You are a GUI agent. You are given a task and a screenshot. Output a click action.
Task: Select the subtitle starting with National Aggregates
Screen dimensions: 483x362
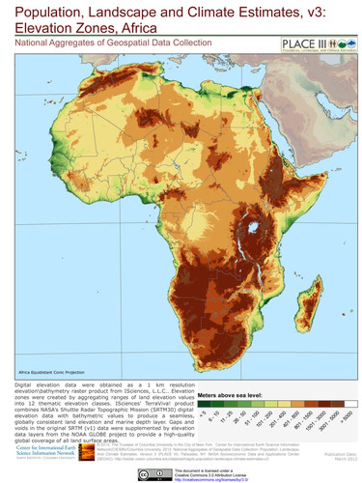tap(113, 42)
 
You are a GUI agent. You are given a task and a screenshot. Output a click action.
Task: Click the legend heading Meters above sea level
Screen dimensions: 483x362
tap(230, 395)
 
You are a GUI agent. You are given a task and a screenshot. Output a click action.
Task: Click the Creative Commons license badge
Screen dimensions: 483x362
tap(154, 474)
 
